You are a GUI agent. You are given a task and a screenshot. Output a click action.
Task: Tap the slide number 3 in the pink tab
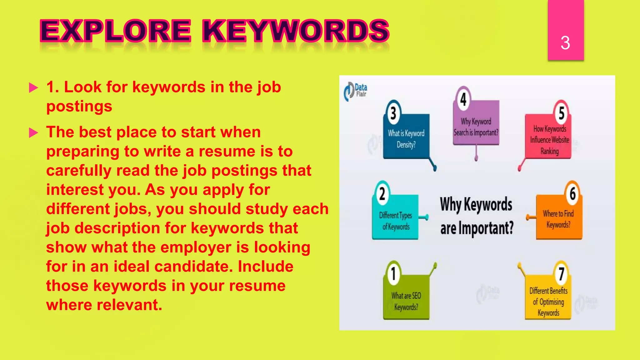(x=565, y=43)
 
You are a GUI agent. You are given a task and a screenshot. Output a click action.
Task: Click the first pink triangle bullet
(x=33, y=88)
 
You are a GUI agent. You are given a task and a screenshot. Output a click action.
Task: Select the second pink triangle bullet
(x=33, y=133)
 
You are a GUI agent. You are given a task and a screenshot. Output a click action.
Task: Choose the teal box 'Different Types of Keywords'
(x=395, y=221)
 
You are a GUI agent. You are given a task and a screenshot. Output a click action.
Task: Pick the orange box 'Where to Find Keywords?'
(x=558, y=219)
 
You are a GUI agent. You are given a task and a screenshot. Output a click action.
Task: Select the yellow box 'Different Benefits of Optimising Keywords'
(x=548, y=302)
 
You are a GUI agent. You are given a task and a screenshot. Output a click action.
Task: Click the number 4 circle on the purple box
(x=463, y=99)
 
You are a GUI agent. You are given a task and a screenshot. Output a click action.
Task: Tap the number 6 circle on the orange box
(x=572, y=193)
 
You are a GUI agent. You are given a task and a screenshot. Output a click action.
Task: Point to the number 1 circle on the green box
(x=393, y=273)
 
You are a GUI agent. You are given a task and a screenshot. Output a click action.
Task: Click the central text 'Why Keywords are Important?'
(x=477, y=216)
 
